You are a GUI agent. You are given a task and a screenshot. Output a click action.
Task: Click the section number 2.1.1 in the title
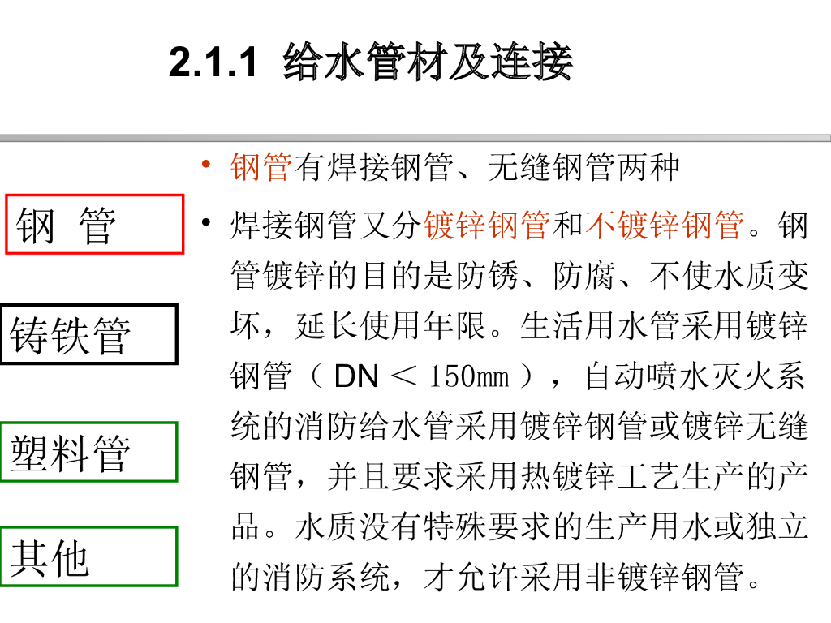213,63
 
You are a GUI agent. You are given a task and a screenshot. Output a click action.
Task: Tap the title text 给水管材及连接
428,63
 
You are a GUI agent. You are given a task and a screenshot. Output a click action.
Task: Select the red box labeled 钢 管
95,225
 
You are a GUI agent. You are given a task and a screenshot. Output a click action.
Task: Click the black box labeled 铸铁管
88,334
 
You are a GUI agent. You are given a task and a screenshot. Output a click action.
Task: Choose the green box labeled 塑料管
88,452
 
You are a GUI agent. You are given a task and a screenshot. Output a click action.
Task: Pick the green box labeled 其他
88,556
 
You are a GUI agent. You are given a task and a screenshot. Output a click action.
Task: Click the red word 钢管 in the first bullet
260,168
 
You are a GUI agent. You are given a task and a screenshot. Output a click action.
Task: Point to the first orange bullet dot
207,168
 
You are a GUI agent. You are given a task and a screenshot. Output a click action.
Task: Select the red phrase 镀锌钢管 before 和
487,225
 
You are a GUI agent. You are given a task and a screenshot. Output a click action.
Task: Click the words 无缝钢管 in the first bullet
551,168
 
